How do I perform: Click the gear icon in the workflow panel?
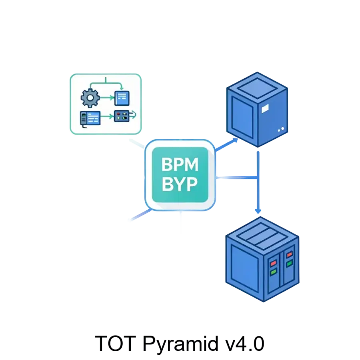click(x=90, y=97)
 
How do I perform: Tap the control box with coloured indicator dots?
click(x=121, y=116)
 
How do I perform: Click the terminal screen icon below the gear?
click(x=90, y=117)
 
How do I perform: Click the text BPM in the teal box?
click(x=180, y=165)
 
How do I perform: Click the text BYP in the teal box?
click(x=180, y=185)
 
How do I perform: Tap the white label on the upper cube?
click(x=265, y=108)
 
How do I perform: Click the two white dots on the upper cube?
click(x=280, y=129)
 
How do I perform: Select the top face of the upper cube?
click(x=256, y=85)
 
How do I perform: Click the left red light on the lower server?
click(x=274, y=264)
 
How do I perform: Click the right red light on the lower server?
click(x=289, y=254)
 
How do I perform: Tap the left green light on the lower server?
click(x=274, y=272)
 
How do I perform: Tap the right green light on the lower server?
click(x=289, y=263)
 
